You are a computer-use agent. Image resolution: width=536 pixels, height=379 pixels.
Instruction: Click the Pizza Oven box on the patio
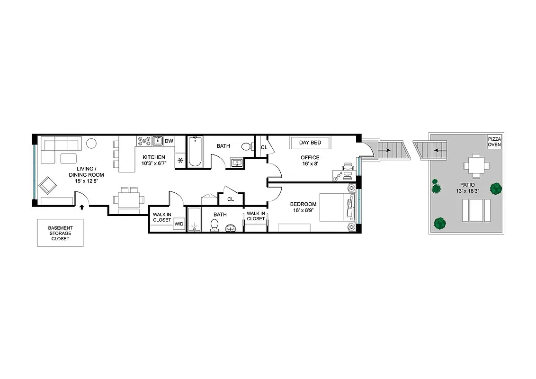[494, 142]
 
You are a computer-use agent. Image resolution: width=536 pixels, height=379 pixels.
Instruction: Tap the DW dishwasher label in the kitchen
[169, 141]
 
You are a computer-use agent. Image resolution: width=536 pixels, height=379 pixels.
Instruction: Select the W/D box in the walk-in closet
[179, 224]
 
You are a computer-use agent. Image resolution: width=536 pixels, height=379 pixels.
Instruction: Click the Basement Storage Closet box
[60, 233]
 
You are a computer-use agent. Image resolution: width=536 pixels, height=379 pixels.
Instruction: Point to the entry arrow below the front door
[82, 207]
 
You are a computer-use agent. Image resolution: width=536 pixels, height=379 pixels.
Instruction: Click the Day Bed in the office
[310, 143]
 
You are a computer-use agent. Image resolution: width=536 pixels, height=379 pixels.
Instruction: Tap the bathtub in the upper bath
[195, 152]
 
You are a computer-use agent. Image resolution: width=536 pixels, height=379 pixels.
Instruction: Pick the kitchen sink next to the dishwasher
[158, 141]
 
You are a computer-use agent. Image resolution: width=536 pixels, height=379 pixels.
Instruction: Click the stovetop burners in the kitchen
[144, 141]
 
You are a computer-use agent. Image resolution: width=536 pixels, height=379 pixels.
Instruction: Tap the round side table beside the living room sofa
[92, 143]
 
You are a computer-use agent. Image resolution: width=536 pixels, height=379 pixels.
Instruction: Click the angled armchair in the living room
[48, 185]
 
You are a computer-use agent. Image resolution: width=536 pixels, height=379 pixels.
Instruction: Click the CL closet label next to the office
[264, 147]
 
